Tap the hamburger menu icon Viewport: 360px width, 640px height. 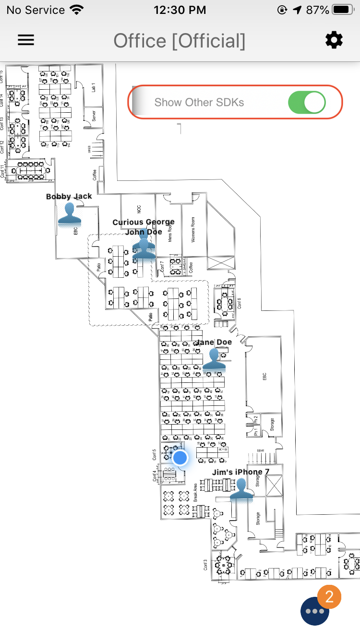tap(26, 40)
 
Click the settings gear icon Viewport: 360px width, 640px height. tap(334, 40)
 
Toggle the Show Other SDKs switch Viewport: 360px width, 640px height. tap(307, 102)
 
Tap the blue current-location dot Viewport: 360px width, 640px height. tap(180, 457)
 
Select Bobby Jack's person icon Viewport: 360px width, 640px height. tap(70, 213)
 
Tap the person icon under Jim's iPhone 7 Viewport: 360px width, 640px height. tap(241, 489)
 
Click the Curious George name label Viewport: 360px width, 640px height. tap(144, 222)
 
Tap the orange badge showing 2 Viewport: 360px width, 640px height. tap(329, 597)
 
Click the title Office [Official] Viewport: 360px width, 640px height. tap(180, 41)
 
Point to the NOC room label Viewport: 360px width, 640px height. tap(139, 209)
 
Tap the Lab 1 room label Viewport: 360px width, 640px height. tap(94, 87)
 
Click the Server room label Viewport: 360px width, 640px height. tap(94, 116)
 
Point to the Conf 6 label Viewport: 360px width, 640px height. tap(239, 303)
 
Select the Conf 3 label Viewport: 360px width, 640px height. tap(205, 565)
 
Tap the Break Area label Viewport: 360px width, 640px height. tap(195, 493)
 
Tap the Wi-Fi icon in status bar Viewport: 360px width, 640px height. tap(76, 10)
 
